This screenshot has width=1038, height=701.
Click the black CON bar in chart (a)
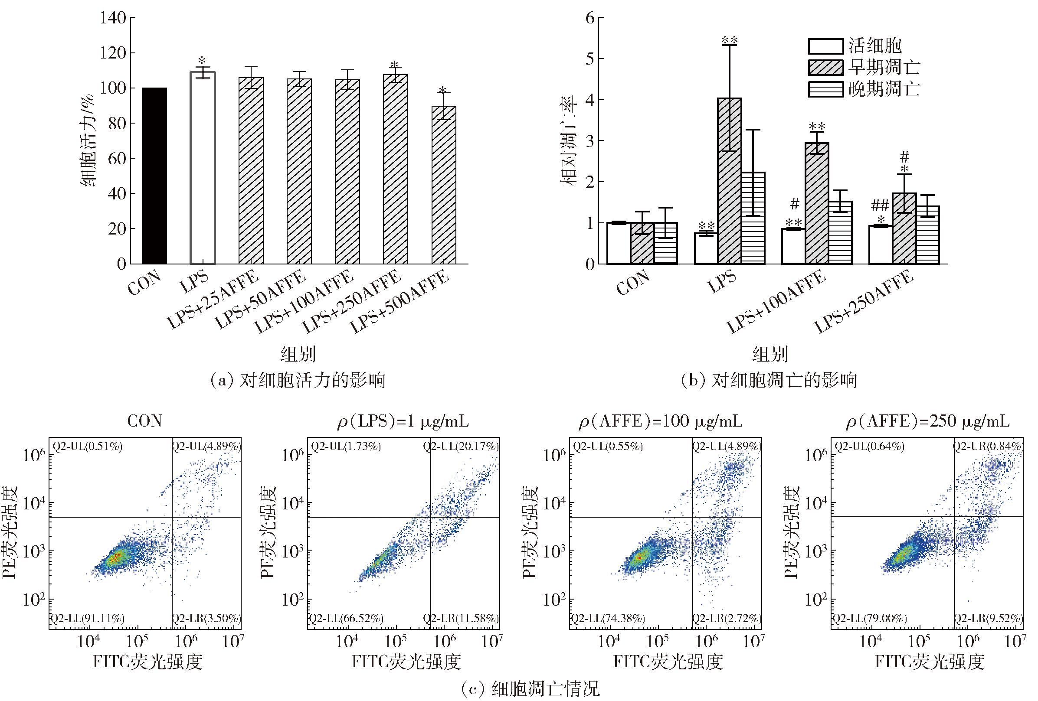[154, 176]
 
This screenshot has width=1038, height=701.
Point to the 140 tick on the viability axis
[114, 18]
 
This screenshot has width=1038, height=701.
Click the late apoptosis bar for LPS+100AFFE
[840, 233]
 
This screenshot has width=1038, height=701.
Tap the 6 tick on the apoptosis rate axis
[590, 18]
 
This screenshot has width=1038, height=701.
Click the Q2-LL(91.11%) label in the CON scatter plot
[87, 618]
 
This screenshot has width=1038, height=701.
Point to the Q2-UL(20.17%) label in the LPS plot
[461, 446]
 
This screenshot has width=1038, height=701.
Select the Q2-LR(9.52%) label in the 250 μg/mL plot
[988, 618]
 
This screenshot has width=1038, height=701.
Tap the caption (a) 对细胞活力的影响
[298, 381]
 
